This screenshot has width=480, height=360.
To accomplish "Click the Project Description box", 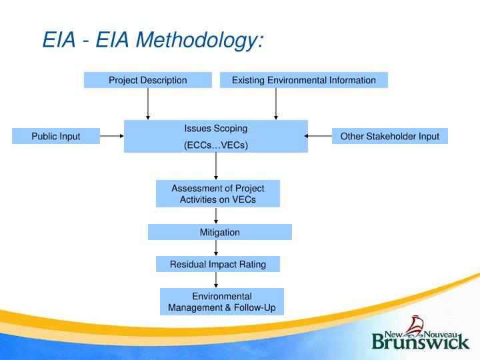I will [x=148, y=80].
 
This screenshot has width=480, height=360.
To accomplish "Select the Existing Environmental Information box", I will [x=303, y=80].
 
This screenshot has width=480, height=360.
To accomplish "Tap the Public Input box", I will [x=56, y=136].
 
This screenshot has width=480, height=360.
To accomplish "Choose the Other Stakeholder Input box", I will [x=389, y=136].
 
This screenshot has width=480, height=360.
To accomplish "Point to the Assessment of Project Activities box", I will [x=217, y=193].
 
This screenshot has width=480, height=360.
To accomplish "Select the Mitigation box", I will [x=219, y=232].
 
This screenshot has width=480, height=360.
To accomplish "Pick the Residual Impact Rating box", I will [x=217, y=264].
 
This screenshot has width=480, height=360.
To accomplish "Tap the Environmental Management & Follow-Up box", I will [x=221, y=301].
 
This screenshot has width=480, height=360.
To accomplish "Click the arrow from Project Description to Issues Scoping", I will [x=148, y=103].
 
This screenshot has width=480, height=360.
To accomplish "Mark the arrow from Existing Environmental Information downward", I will [x=276, y=103].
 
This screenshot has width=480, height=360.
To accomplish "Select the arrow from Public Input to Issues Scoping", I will [x=111, y=136].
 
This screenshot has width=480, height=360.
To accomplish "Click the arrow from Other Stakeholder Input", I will [x=319, y=136].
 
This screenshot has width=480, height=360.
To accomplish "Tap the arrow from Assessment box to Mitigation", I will [x=216, y=215].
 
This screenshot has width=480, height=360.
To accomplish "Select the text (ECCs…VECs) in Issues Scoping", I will [x=215, y=145].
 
